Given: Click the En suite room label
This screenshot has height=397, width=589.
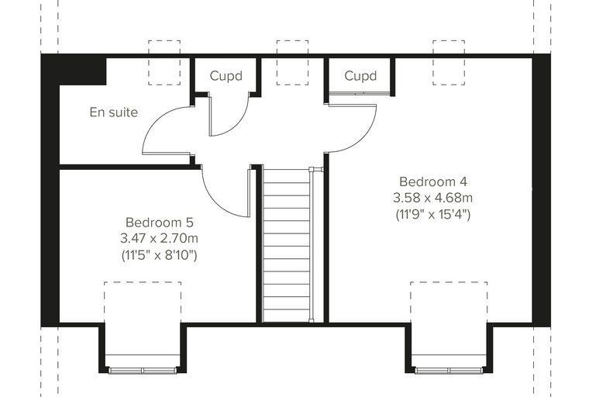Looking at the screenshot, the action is pyautogui.click(x=114, y=112).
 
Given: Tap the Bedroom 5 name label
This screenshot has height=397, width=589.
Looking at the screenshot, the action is pyautogui.click(x=160, y=223).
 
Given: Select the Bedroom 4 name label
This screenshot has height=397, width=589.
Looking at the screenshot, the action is pyautogui.click(x=433, y=181).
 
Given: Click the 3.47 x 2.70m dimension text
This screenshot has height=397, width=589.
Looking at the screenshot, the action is pyautogui.click(x=160, y=238).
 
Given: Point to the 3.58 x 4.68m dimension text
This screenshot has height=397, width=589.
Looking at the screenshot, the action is pyautogui.click(x=432, y=198).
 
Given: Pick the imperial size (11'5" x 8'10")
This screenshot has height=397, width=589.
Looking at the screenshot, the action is pyautogui.click(x=160, y=255).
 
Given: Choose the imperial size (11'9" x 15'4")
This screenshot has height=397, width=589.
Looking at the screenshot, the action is pyautogui.click(x=433, y=215).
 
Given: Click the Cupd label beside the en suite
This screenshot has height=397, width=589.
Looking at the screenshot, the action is pyautogui.click(x=226, y=76).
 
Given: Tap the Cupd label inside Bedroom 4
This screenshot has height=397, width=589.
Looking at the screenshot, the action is pyautogui.click(x=360, y=76).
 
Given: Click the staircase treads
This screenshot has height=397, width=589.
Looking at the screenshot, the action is pyautogui.click(x=287, y=245).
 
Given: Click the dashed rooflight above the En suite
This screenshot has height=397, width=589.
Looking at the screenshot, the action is pyautogui.click(x=164, y=40).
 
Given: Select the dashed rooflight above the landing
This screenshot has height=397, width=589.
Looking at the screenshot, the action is pyautogui.click(x=293, y=40).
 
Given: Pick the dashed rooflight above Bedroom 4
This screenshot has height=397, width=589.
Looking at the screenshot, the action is pyautogui.click(x=449, y=40).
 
